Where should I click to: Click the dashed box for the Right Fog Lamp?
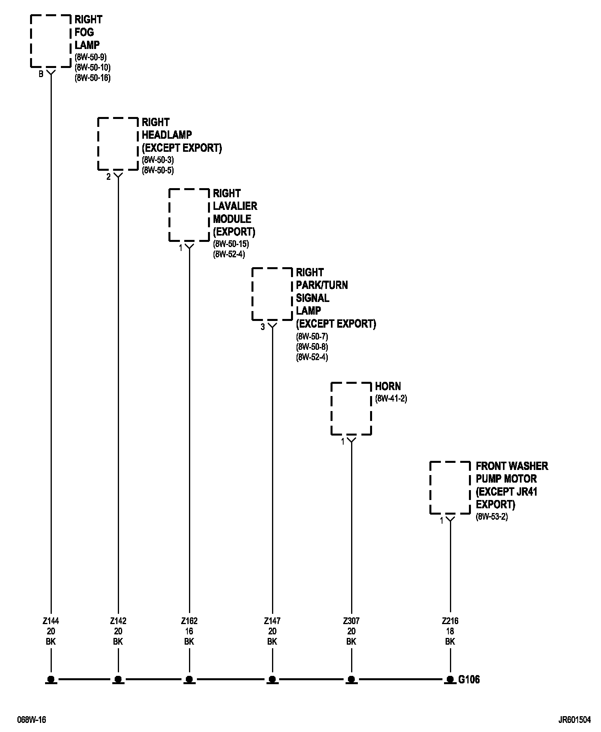[50, 41]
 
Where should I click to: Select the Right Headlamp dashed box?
[118, 143]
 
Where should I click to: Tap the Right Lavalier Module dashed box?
[189, 215]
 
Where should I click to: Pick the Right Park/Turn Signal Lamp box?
[272, 294]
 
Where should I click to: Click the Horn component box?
[351, 408]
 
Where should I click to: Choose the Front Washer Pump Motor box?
[450, 487]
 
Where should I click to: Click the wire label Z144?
[51, 621]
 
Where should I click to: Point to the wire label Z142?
[118, 621]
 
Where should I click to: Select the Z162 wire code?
[189, 621]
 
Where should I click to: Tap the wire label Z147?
[272, 621]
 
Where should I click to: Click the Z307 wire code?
[351, 621]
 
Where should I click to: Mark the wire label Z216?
[450, 621]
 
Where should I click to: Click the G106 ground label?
[469, 679]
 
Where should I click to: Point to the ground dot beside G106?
[450, 679]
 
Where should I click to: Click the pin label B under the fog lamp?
[41, 74]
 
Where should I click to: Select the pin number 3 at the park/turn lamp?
[263, 327]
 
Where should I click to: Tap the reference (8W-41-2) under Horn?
[391, 398]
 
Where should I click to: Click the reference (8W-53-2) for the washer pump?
[491, 517]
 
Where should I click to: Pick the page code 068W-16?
[31, 720]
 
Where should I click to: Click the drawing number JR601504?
[575, 720]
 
